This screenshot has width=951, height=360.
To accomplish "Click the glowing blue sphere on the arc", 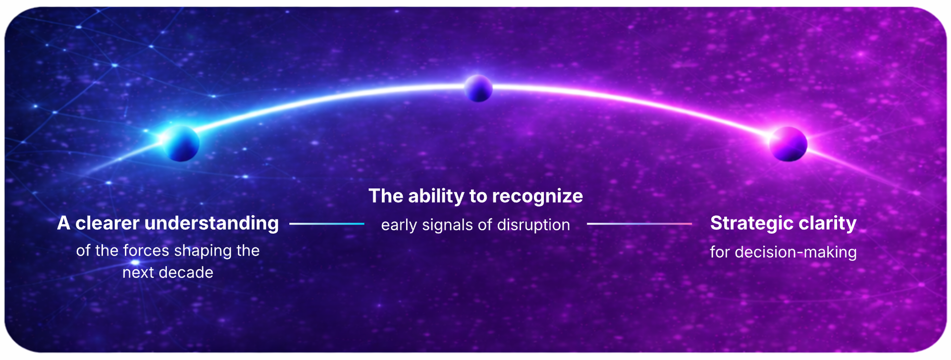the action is (x=181, y=143).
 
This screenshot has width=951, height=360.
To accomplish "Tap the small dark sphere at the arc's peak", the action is (x=478, y=88).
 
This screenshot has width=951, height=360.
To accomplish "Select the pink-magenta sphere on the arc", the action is (x=788, y=144).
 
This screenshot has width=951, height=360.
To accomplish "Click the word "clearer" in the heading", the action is (x=107, y=223).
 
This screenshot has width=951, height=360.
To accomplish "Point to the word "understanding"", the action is (x=211, y=224).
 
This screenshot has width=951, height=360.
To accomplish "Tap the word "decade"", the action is (x=190, y=272).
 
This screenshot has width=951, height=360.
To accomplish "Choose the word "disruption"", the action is (x=533, y=225).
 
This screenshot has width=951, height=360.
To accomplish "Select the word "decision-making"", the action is (x=796, y=253).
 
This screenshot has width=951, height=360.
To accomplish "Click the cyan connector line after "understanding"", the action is (x=327, y=224).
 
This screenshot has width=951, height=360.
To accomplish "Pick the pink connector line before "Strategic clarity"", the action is (x=639, y=224).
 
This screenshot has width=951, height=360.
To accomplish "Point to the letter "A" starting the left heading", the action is (x=63, y=223).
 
